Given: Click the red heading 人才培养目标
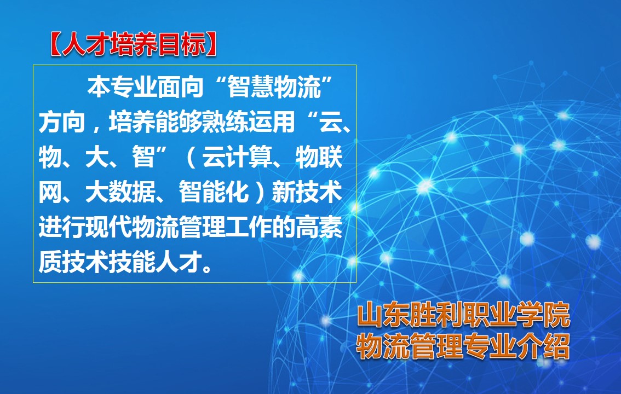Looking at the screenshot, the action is (x=134, y=44).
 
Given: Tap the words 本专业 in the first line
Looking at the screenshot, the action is (x=122, y=86).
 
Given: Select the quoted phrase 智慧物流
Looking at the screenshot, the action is (x=274, y=86).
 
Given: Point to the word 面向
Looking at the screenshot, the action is (x=181, y=86).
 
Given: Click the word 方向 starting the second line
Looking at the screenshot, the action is (x=62, y=122).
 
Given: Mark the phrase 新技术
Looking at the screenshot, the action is (x=307, y=192).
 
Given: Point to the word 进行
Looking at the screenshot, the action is (x=62, y=228).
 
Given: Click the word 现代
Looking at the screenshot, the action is (x=108, y=228).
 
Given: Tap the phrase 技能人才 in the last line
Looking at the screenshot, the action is (x=156, y=262).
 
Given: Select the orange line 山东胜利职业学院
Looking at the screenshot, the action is (x=463, y=315).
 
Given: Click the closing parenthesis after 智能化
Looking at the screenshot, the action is (x=260, y=192).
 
